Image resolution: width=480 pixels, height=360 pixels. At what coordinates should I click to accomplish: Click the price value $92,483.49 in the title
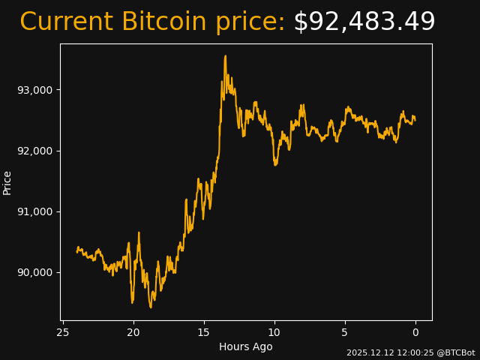pos(364,22)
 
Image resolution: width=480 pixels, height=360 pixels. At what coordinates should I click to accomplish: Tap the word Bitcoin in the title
pos(163,22)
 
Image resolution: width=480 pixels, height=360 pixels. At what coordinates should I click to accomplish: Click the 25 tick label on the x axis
pos(63,332)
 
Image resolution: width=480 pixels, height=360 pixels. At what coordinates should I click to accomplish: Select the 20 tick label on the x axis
pos(133,332)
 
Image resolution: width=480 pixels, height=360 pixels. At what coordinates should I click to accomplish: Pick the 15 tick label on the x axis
pos(204,332)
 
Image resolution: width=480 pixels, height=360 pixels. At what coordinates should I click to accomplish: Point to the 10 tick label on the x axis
pos(274,332)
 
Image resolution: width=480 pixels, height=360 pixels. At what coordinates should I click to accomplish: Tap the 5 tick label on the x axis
pos(345,332)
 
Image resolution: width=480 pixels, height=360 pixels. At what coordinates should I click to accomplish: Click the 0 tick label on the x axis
pos(415,332)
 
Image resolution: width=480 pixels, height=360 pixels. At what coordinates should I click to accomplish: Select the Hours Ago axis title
pos(246,346)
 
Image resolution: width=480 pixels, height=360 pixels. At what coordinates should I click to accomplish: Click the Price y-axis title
pos(7,182)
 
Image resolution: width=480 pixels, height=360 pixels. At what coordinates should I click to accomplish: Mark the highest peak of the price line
pos(225,55)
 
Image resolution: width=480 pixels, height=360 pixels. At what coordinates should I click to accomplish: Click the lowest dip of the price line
pos(151,307)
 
